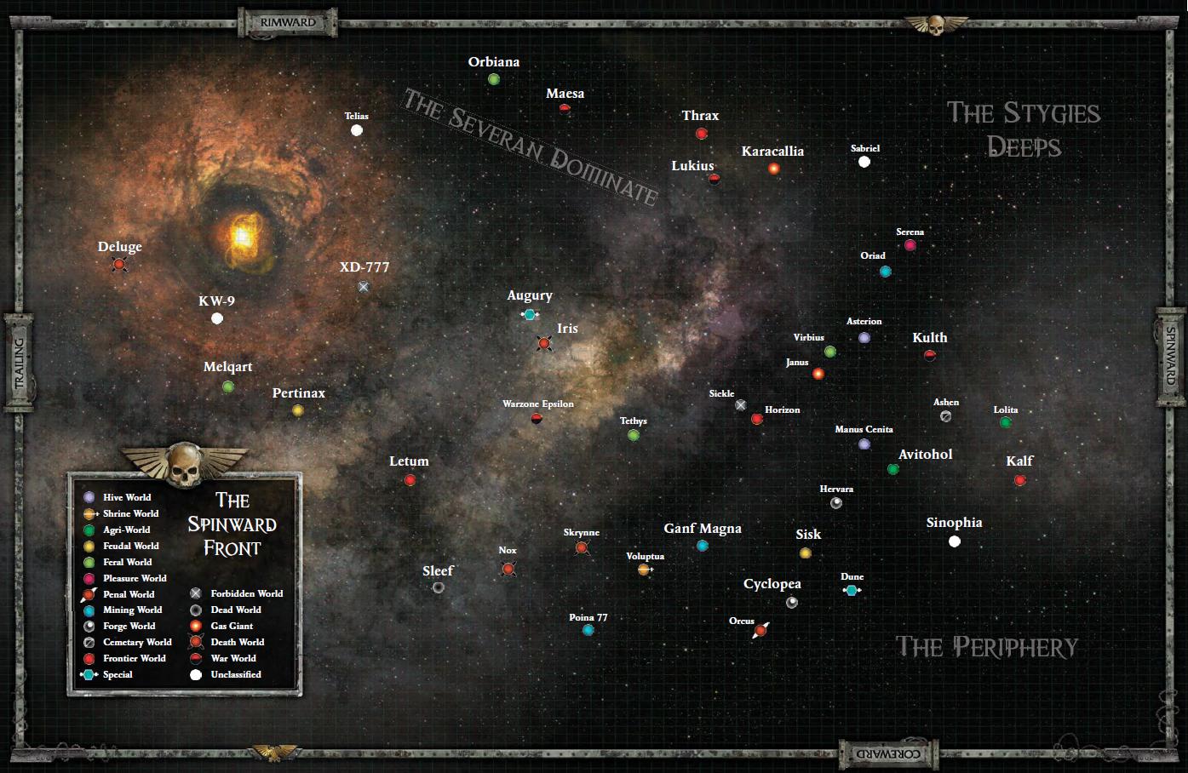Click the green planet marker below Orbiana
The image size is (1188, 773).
point(494,79)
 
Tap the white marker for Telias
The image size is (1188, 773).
point(357,130)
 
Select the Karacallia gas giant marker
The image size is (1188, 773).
point(773,169)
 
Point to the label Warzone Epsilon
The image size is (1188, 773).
point(538,404)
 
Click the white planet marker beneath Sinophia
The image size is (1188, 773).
point(955,541)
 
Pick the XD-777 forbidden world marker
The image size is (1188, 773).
point(364,287)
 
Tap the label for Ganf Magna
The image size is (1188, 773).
point(703,529)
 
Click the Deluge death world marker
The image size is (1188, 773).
point(119,265)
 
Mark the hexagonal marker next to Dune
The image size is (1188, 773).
point(851,590)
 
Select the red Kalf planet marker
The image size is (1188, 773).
point(1019,480)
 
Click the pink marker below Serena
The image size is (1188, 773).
point(910,245)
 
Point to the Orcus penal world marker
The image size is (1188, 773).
point(760,630)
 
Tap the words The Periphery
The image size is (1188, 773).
point(986,647)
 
